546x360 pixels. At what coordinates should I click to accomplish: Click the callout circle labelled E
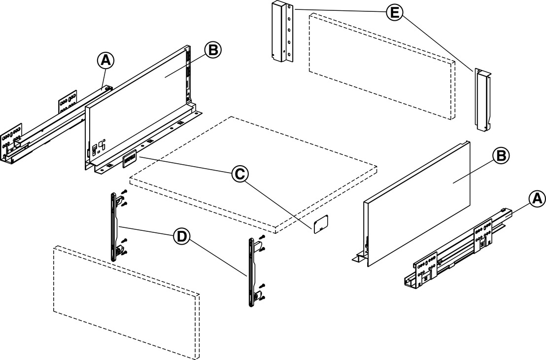[393, 12]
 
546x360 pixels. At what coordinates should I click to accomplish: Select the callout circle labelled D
[182, 236]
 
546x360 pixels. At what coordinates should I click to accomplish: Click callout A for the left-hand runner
[105, 61]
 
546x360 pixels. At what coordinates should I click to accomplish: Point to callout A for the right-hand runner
[537, 198]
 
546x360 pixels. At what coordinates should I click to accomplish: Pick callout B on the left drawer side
[213, 50]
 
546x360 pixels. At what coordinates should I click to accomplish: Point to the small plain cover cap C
[321, 223]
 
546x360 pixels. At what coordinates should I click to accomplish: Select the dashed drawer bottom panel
[251, 173]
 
